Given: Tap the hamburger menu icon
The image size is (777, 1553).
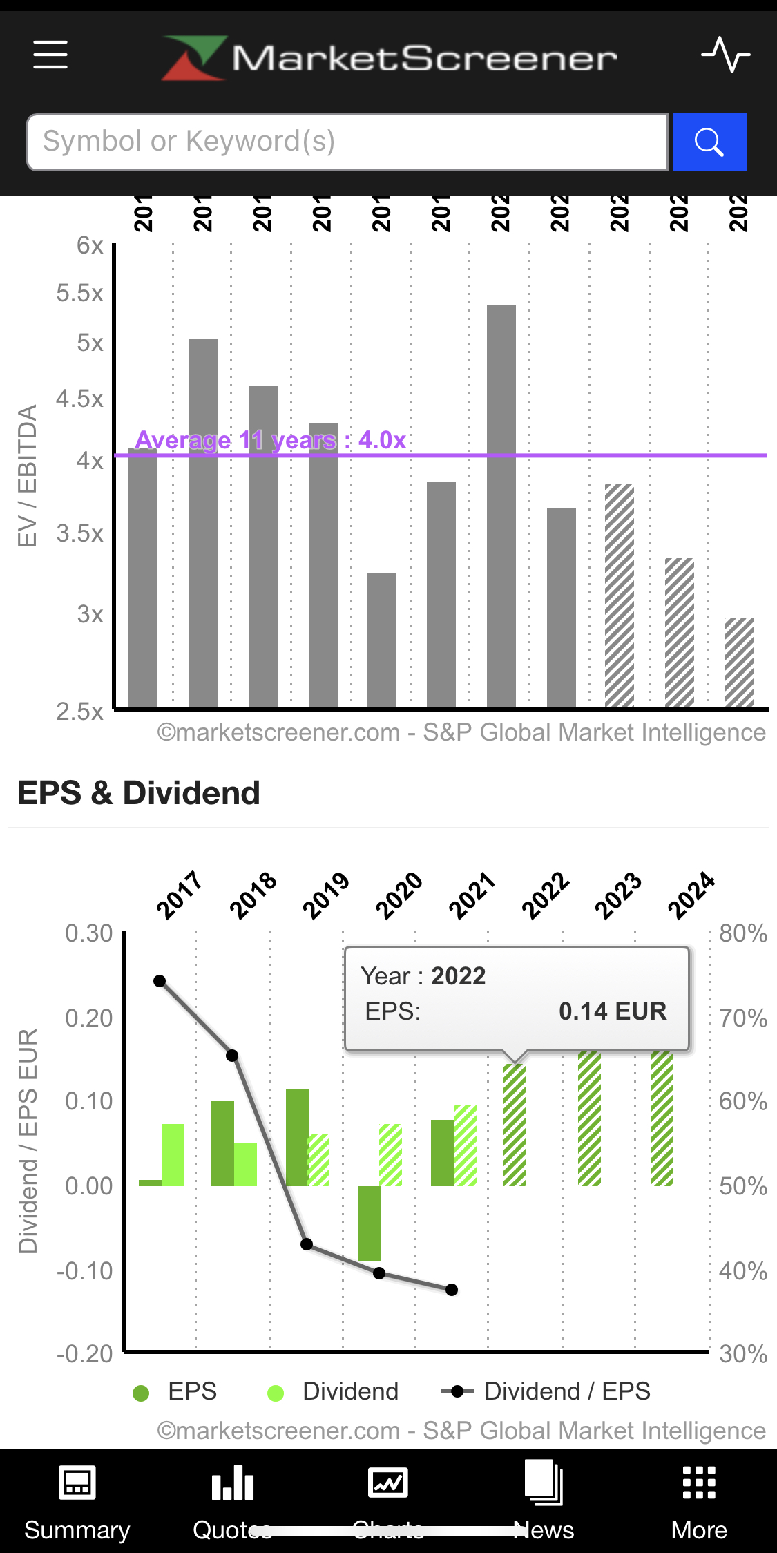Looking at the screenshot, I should click(50, 55).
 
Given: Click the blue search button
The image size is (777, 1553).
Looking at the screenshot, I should click(709, 142).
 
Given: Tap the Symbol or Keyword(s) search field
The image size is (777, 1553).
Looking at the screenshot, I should click(347, 142).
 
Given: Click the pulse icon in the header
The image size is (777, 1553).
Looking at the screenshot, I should click(725, 55).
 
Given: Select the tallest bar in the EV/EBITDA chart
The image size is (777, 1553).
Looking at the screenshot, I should click(501, 506).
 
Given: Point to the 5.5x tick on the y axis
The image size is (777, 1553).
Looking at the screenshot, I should click(80, 293).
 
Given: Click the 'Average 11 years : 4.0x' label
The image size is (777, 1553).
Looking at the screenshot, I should click(270, 440).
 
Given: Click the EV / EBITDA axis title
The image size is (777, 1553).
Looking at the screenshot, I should click(27, 476).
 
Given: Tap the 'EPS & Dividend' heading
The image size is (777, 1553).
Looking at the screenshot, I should click(139, 793).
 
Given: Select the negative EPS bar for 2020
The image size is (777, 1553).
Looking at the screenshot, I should click(370, 1223).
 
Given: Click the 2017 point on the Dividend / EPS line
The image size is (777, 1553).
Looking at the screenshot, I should click(160, 981).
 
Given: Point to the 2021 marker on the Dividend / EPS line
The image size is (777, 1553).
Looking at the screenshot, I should click(452, 1290).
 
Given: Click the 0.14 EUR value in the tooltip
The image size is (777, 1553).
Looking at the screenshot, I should click(613, 1011).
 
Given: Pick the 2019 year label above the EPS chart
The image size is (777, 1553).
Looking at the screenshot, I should click(326, 895).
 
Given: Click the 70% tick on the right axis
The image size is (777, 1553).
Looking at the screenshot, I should click(742, 1018).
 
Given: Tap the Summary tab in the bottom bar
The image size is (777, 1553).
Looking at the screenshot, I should click(77, 1500).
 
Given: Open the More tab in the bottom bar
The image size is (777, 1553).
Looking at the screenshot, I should click(699, 1500).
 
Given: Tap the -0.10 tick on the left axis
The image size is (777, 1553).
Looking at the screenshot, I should click(85, 1271).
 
